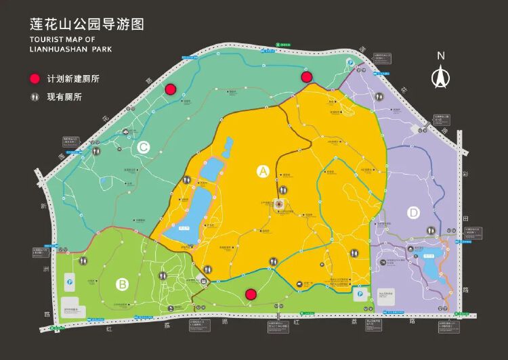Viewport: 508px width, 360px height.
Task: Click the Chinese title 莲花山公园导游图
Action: [x=87, y=24]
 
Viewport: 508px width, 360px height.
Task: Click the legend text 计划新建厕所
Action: [x=73, y=78]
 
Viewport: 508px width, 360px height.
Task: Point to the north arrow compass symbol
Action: [x=440, y=77]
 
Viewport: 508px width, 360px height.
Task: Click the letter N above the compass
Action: [x=440, y=55]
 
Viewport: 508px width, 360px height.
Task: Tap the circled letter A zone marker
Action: [x=263, y=171]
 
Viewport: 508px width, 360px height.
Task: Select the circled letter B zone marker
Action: [x=122, y=284]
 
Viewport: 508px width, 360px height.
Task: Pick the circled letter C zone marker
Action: [x=144, y=147]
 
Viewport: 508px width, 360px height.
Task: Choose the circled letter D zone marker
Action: [x=414, y=213]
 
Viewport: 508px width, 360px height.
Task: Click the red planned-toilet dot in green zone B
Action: [x=251, y=294]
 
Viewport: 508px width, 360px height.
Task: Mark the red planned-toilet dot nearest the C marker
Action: [x=171, y=89]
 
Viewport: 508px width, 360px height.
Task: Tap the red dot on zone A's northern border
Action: [x=306, y=77]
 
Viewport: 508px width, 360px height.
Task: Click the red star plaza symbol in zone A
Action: [x=278, y=203]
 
